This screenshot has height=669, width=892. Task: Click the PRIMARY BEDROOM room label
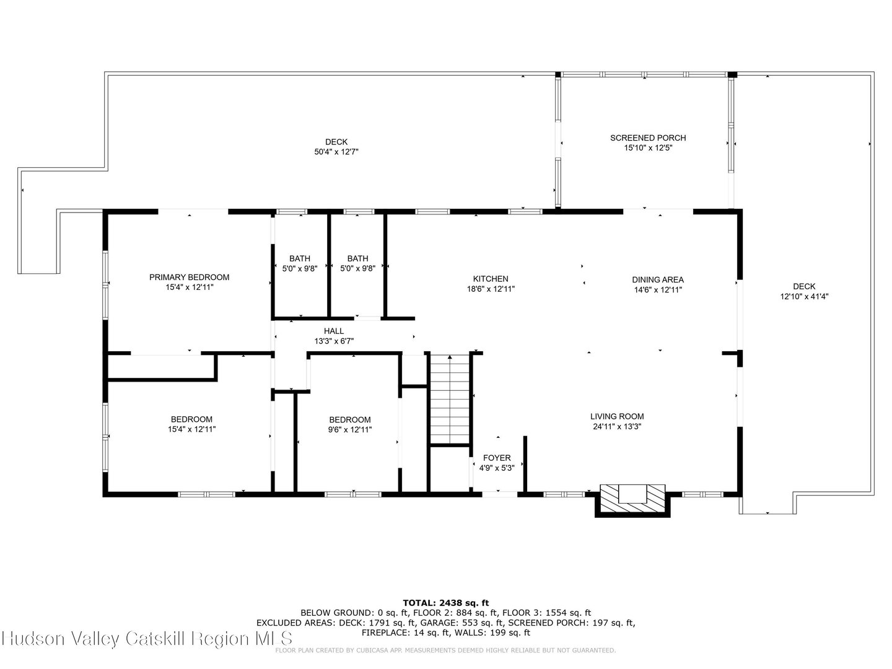click(189, 277)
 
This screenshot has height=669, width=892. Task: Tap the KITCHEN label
click(491, 279)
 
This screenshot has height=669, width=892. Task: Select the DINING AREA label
click(658, 279)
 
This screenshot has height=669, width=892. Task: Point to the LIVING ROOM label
click(617, 416)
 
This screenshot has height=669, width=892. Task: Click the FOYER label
click(497, 458)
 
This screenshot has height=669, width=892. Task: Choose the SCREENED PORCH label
click(648, 138)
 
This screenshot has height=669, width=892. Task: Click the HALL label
click(334, 331)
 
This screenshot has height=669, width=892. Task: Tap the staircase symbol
click(450, 400)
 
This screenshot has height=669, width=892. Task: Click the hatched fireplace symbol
click(632, 498)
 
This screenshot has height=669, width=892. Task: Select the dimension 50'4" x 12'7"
click(336, 151)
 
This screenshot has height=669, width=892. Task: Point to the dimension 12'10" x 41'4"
click(804, 296)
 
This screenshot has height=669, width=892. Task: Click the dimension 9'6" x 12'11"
click(350, 429)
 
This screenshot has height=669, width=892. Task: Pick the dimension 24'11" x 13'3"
click(617, 426)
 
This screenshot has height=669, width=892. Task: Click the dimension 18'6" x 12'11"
click(491, 289)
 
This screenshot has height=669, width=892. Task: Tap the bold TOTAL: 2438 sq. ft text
click(446, 602)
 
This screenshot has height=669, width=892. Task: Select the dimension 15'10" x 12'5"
click(648, 147)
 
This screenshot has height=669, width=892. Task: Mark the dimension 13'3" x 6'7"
click(334, 341)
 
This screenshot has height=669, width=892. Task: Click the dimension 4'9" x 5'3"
click(497, 468)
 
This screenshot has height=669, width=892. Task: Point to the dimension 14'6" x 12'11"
click(658, 289)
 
